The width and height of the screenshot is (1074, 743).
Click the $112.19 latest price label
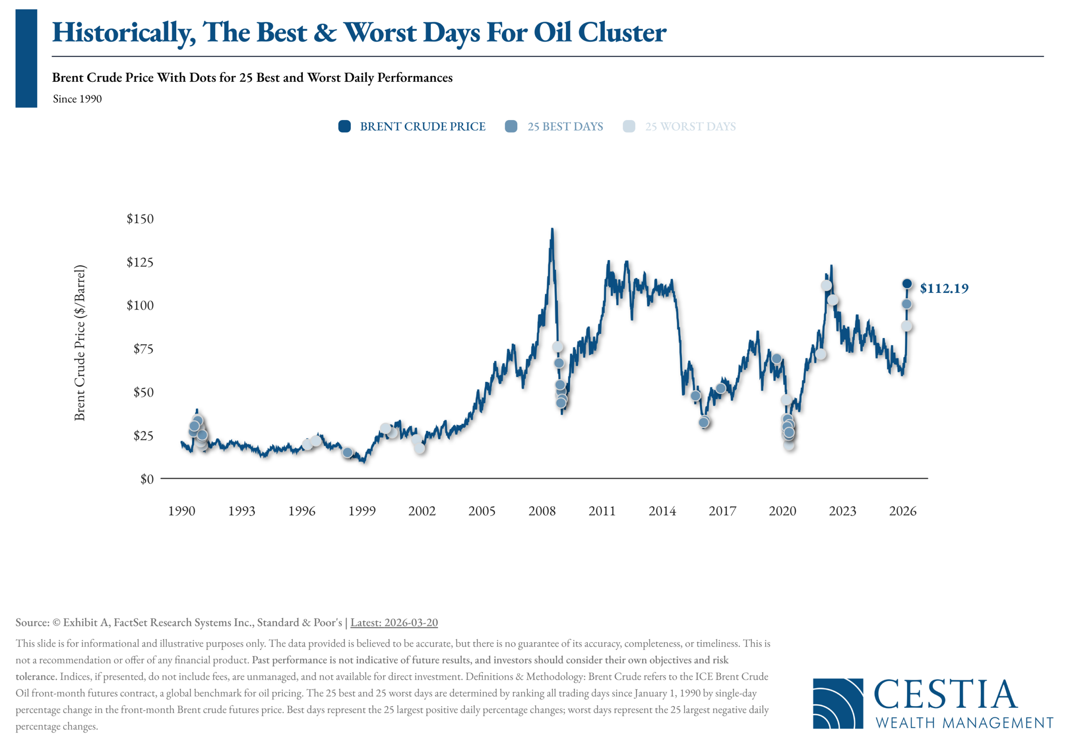coord(944,288)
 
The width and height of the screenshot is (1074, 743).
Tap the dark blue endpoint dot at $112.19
coord(907,284)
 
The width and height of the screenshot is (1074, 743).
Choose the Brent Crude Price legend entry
coord(412,126)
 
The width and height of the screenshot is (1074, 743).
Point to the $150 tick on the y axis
coord(140,219)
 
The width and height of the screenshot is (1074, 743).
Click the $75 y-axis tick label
coord(143,349)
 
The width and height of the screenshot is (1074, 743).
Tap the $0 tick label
coord(147,479)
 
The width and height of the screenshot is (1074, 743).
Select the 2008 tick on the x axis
coord(542,511)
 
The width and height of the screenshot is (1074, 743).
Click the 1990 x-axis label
coord(182,511)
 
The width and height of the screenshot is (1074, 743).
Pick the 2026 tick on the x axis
coord(903,511)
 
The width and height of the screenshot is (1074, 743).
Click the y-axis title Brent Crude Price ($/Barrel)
coord(80,343)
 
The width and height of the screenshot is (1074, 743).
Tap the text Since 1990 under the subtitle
coord(77,99)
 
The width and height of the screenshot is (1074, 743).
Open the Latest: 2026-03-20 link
coord(394,623)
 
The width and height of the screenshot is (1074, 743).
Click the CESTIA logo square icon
coord(838,704)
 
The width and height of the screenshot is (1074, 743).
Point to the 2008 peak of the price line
coord(552,229)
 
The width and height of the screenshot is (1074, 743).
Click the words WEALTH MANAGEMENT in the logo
coord(965,722)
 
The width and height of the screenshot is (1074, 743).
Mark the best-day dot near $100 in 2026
coord(907,304)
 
